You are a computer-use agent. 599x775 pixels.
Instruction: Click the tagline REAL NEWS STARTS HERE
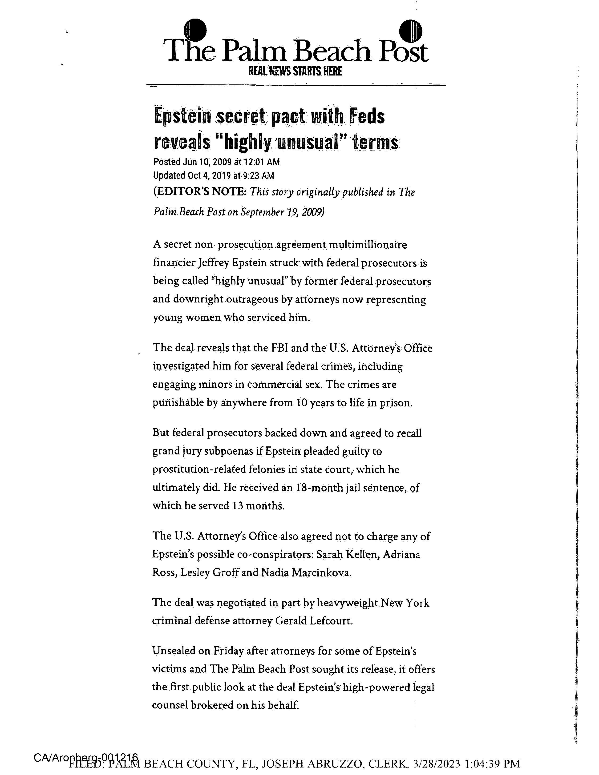tap(295, 72)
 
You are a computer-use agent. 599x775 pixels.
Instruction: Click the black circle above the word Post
tap(411, 31)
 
